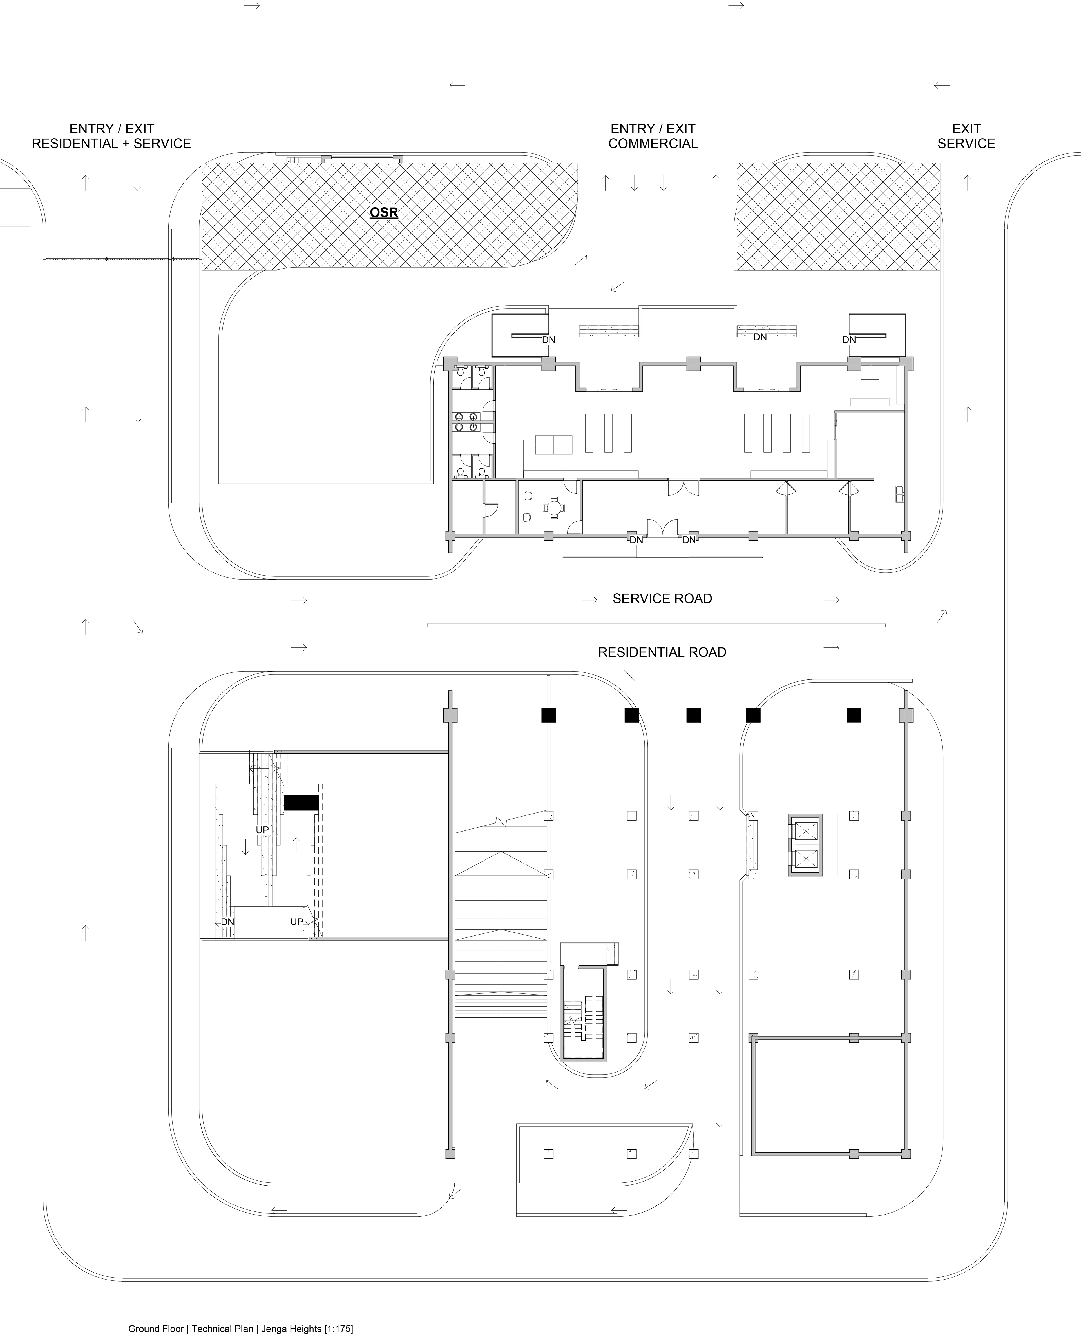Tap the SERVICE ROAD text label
[x=662, y=598]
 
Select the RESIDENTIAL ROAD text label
[x=662, y=652]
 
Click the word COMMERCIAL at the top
[x=653, y=144]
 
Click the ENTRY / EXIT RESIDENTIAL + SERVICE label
[x=111, y=136]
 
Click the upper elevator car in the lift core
[x=805, y=831]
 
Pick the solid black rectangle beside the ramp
[x=301, y=803]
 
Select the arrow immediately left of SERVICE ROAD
[x=589, y=600]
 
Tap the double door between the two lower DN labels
[x=662, y=527]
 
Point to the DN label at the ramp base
[x=227, y=922]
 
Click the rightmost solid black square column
[x=854, y=715]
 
